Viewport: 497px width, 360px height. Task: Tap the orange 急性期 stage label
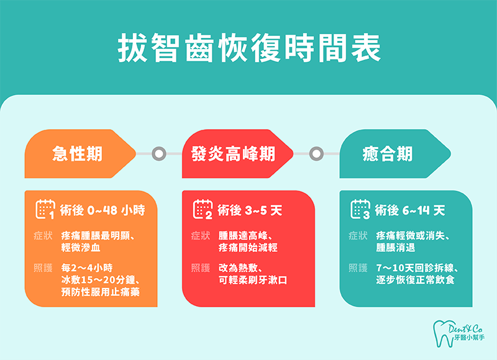click(x=78, y=153)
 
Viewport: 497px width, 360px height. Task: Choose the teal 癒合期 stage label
click(x=387, y=153)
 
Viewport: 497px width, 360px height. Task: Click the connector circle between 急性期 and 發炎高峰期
click(x=158, y=153)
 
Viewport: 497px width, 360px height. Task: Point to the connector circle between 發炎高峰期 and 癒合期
click(x=316, y=153)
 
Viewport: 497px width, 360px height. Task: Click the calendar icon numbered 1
click(x=45, y=209)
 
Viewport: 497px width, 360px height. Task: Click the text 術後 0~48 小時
click(x=103, y=210)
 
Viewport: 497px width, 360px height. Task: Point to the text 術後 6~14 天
click(x=410, y=210)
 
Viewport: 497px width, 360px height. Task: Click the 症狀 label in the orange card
click(x=43, y=236)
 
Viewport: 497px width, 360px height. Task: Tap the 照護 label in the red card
click(x=201, y=268)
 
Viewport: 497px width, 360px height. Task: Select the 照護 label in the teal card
click(x=358, y=268)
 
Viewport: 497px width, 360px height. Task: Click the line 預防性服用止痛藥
click(x=101, y=292)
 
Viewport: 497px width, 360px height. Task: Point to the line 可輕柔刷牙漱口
click(x=253, y=280)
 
